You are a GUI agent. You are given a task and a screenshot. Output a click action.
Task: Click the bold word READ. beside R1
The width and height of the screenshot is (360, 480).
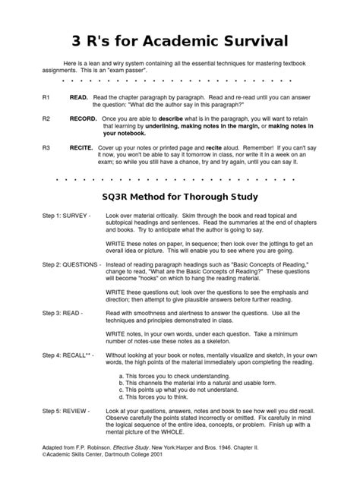(x=79, y=98)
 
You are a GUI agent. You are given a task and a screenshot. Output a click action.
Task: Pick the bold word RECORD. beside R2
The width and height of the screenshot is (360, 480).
(x=84, y=119)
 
